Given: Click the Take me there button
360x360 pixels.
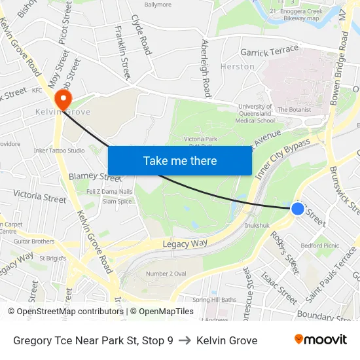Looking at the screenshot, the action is click(180, 160).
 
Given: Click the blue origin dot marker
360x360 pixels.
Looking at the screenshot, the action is click(297, 209).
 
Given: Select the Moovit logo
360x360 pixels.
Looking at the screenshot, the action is click(321, 340).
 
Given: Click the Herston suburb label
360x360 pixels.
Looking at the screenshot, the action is click(238, 67).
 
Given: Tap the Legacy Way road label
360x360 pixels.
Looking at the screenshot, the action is click(185, 243).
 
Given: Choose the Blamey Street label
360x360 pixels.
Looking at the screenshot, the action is click(95, 176).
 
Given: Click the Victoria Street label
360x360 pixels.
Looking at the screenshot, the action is click(40, 196).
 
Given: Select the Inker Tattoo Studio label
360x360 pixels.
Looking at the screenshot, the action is click(59, 151).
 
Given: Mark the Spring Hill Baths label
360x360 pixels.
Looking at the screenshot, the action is click(215, 300).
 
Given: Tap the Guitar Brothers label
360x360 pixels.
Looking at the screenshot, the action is click(34, 242).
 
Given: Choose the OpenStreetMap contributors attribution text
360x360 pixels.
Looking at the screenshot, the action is click(66, 312).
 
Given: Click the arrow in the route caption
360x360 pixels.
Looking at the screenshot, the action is click(185, 340).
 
